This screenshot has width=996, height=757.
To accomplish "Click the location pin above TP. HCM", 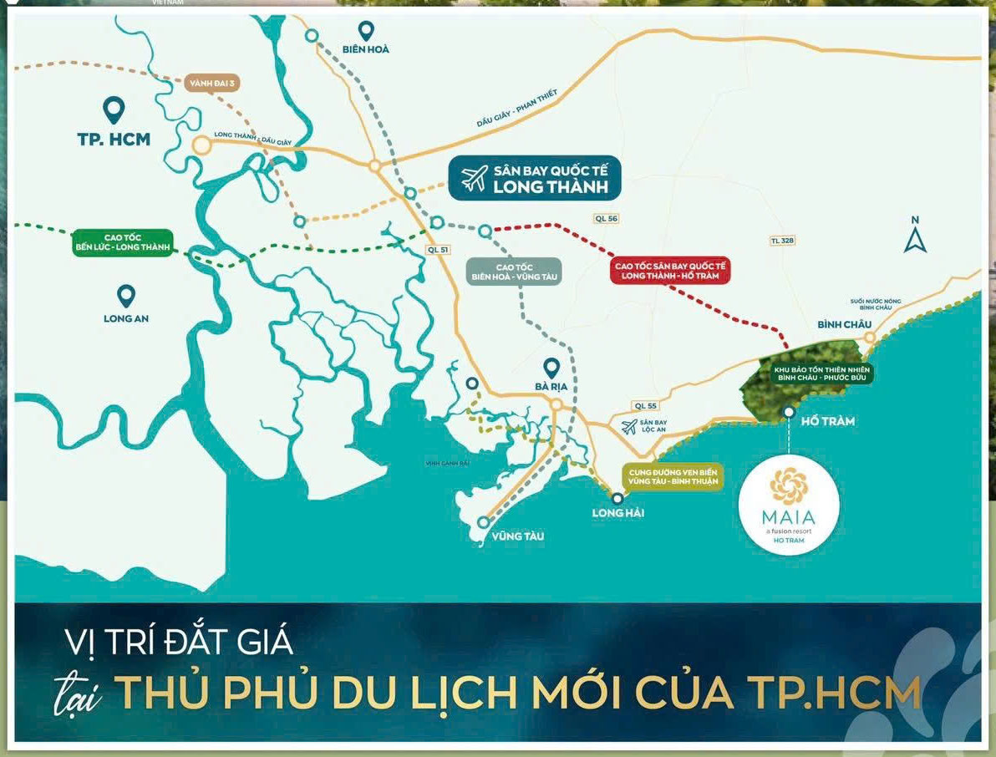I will click(114, 109).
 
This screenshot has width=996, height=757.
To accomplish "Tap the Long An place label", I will click(126, 318).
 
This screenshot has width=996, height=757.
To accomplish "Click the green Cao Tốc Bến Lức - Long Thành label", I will click(122, 242).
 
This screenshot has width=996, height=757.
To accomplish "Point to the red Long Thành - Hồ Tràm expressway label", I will click(671, 270).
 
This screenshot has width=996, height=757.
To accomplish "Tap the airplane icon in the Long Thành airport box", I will click(475, 178).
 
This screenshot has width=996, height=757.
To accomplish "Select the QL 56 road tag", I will click(607, 219).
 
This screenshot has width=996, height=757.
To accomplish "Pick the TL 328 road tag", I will click(782, 241).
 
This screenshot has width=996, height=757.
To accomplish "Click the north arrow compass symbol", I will click(915, 235).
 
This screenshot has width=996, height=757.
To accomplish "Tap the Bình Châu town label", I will click(844, 324).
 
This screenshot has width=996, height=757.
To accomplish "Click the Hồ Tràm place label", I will click(827, 421).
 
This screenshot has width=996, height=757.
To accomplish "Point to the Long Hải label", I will click(617, 512).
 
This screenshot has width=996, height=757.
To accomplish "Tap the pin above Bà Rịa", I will click(551, 368).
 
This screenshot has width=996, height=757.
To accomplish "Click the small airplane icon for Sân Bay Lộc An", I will click(629, 427).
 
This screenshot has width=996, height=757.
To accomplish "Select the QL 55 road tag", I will click(646, 405).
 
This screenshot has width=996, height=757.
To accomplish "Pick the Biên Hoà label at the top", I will click(366, 49).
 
